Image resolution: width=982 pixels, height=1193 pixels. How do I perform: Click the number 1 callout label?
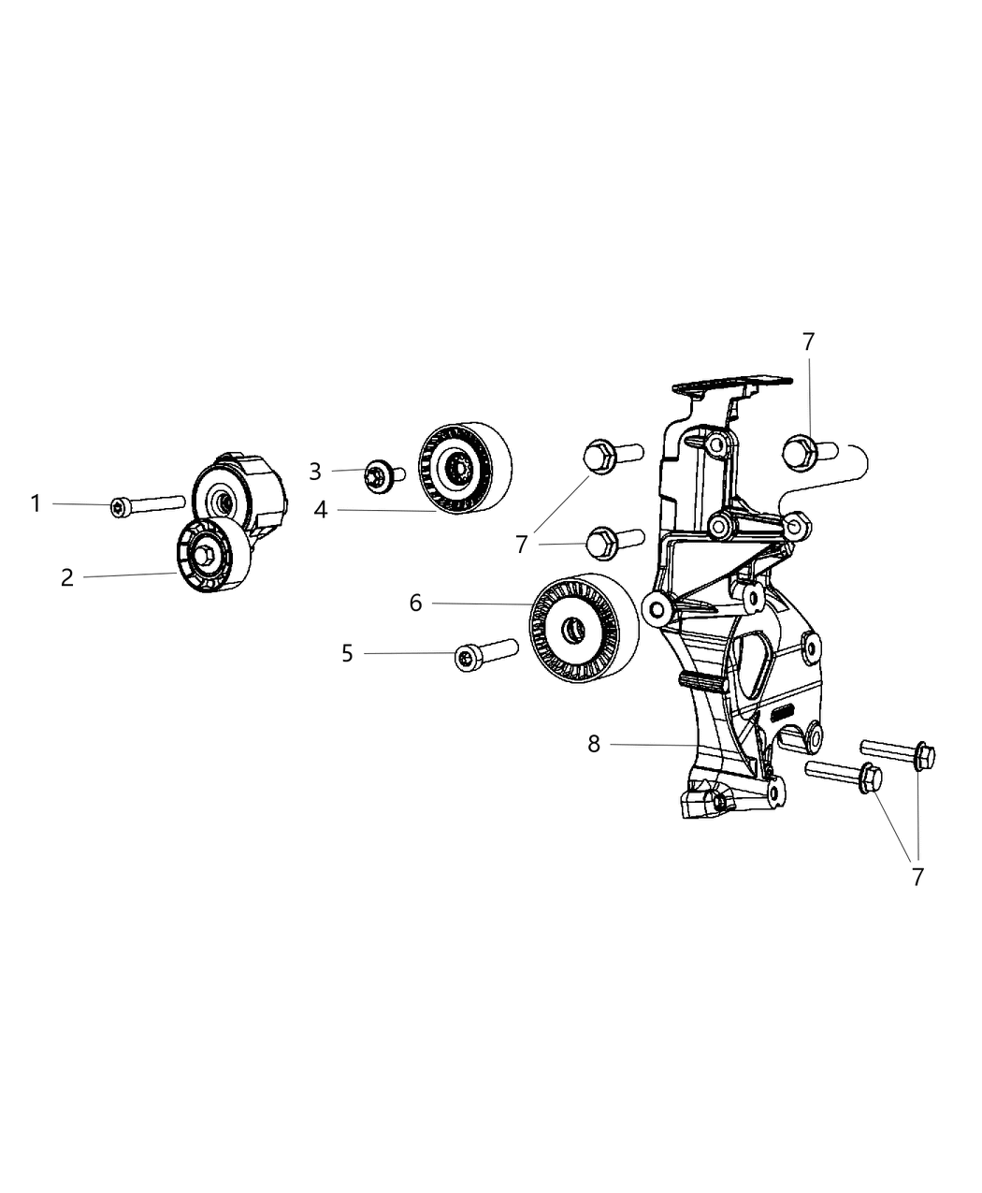pyautogui.click(x=36, y=504)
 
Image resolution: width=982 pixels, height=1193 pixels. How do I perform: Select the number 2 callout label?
pyautogui.click(x=66, y=577)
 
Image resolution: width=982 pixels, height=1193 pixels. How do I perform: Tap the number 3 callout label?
pyautogui.click(x=315, y=472)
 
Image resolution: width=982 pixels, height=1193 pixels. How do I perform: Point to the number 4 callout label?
pyautogui.click(x=320, y=511)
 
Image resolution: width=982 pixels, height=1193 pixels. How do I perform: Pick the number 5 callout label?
pyautogui.click(x=347, y=653)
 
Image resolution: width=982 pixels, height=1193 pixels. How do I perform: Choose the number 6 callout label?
pyautogui.click(x=415, y=604)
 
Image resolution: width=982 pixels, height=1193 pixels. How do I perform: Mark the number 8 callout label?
pyautogui.click(x=594, y=744)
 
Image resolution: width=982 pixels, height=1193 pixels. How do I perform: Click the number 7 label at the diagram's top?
pyautogui.click(x=808, y=342)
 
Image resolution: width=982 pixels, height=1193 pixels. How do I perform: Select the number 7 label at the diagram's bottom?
pyautogui.click(x=917, y=877)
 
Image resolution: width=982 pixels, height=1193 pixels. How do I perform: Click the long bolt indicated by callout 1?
pyautogui.click(x=146, y=505)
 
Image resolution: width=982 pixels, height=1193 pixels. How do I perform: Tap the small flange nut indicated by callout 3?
pyautogui.click(x=380, y=474)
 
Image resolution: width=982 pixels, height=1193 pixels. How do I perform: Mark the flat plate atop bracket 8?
pyautogui.click(x=728, y=382)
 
